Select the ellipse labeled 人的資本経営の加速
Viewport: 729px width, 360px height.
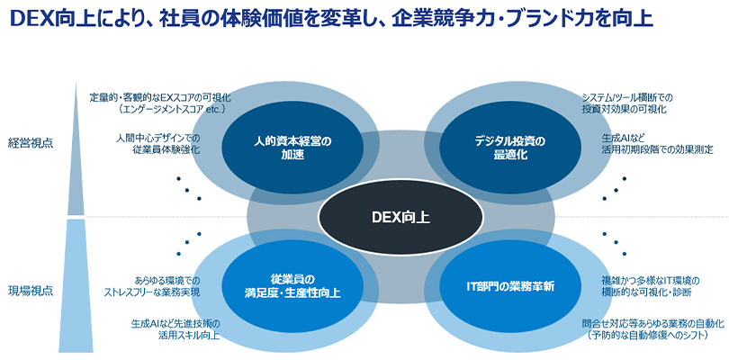click(280, 148)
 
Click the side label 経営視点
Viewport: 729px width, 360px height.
click(30, 143)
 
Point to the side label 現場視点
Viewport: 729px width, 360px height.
click(30, 291)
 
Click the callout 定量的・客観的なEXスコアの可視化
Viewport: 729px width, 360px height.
click(148, 96)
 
